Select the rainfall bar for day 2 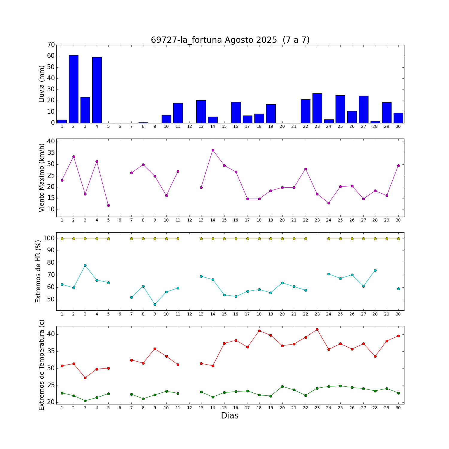click(x=74, y=89)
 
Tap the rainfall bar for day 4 click(x=97, y=90)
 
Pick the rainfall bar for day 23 click(x=317, y=108)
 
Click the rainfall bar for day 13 click(x=201, y=112)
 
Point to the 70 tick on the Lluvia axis click(x=51, y=45)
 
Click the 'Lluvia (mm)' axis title click(x=42, y=84)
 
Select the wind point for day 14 click(x=213, y=150)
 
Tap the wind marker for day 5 click(x=108, y=205)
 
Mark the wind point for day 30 click(x=398, y=166)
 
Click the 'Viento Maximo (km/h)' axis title click(x=42, y=178)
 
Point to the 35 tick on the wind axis click(x=51, y=153)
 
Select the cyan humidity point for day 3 click(x=85, y=265)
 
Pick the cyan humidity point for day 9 click(x=155, y=304)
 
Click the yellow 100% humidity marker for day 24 click(x=329, y=239)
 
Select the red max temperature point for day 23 click(x=317, y=329)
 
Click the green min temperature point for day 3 click(x=85, y=401)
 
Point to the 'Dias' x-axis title click(x=230, y=415)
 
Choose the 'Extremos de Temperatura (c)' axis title click(x=42, y=365)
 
